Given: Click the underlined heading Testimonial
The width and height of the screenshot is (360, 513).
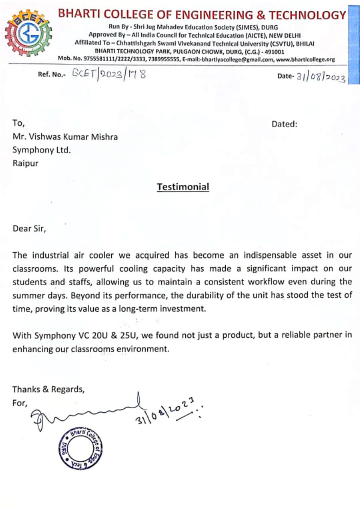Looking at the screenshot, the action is [x=182, y=187].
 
